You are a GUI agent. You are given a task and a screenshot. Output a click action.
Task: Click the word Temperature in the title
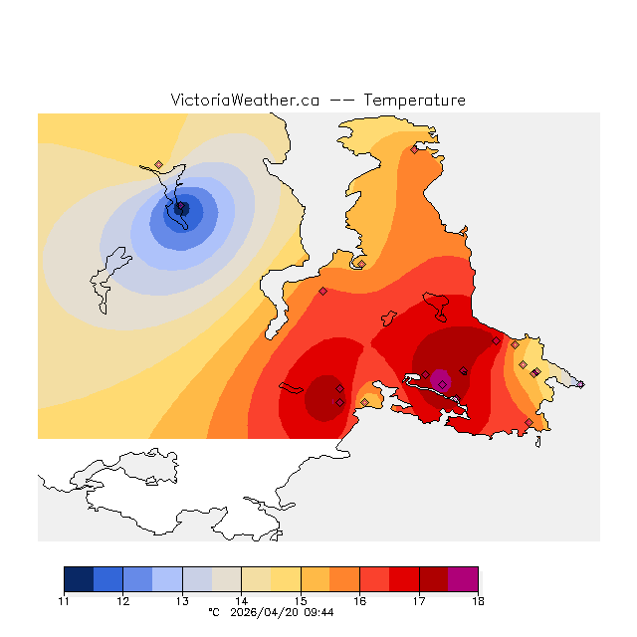(414, 101)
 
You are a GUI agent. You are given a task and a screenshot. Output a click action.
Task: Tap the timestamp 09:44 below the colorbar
(318, 613)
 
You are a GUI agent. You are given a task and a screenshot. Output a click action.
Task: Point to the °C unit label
(212, 613)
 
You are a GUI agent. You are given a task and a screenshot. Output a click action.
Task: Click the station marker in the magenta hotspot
(442, 383)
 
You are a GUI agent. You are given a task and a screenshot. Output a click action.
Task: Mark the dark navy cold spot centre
(181, 208)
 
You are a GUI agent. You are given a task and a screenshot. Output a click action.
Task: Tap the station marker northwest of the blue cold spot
(158, 165)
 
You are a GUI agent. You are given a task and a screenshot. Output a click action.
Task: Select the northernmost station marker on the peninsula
(414, 149)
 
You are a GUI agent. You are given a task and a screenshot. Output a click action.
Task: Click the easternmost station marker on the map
(580, 383)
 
